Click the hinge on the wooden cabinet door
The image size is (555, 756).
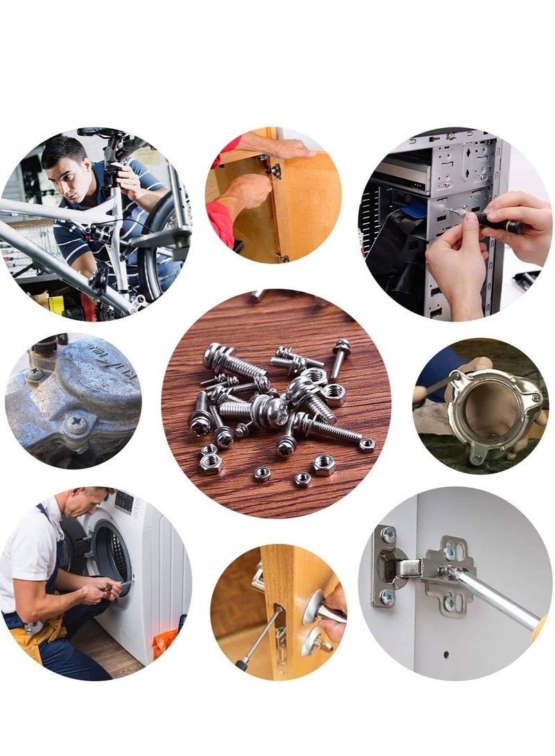[x=273, y=169]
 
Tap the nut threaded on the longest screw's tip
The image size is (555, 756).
[x=367, y=444]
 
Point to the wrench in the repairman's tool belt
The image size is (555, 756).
[x=31, y=628]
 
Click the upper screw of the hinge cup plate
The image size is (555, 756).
[x=388, y=534]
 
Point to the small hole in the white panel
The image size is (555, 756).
[x=444, y=653]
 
